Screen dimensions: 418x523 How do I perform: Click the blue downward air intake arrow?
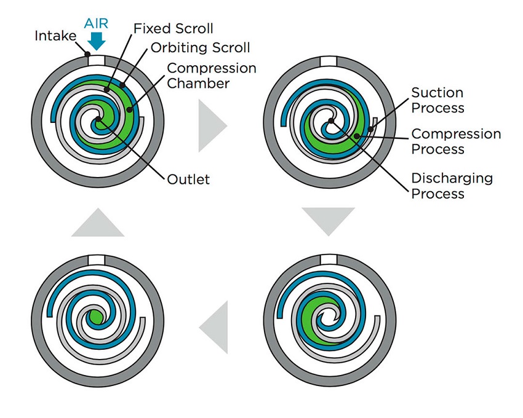tap(97, 41)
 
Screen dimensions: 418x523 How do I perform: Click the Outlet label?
tap(188, 179)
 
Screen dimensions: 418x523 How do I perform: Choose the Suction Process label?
tap(437, 100)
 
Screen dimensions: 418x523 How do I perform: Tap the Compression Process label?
tap(456, 141)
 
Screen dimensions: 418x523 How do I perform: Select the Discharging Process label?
tap(452, 186)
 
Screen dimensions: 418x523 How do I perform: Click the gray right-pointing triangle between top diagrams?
tap(211, 126)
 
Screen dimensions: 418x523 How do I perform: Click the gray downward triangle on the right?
tap(328, 220)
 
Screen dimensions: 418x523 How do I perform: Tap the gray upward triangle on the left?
tap(97, 222)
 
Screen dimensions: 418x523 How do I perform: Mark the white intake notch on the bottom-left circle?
tap(97, 259)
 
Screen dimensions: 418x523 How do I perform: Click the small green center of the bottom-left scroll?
tap(95, 317)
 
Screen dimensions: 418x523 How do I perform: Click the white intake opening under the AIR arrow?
tap(97, 60)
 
